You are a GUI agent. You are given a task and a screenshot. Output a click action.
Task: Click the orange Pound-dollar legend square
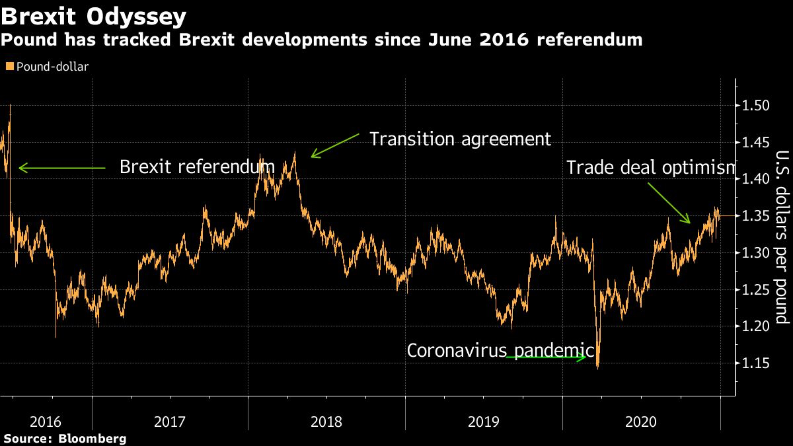point(9,66)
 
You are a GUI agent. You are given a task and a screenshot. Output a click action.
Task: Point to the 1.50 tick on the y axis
point(755,106)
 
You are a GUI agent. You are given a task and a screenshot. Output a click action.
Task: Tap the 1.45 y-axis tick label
point(755,142)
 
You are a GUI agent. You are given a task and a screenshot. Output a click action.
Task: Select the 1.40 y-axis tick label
point(755,179)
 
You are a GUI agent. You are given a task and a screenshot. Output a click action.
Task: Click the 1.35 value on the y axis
point(755,216)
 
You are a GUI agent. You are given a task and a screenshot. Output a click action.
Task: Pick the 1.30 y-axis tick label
point(755,253)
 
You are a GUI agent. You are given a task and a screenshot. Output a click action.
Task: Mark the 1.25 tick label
point(755,289)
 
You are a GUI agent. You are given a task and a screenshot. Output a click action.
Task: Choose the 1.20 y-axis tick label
point(755,326)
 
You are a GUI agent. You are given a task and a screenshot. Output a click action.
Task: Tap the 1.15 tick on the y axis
point(755,363)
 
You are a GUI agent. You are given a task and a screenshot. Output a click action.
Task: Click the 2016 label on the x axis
point(46,422)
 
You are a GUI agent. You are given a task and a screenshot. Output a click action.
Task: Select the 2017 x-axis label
point(169,422)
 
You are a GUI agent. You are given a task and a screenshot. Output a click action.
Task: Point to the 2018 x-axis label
point(326,422)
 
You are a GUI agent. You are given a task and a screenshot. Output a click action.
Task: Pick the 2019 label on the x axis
point(484,422)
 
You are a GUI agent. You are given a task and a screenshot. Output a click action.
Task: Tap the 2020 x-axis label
point(641,422)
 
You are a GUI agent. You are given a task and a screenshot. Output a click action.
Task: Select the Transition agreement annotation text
point(460,139)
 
